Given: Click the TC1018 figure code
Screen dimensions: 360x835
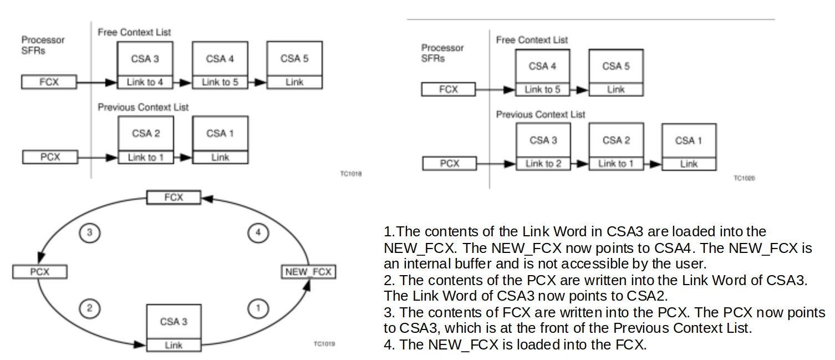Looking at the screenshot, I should pos(351,174).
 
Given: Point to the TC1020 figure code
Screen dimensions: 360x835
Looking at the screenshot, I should pos(744,178).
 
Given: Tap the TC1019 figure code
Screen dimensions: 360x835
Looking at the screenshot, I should pos(324,344).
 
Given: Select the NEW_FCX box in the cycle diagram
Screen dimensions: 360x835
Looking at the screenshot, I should pos(308,272).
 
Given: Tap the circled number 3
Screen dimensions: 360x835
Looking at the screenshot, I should pos(90,234).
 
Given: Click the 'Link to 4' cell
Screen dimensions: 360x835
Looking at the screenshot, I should pos(145,82).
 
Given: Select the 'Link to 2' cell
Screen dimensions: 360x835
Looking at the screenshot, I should pos(543,164).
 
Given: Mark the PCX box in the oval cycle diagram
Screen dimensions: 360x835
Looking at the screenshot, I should pos(39,272).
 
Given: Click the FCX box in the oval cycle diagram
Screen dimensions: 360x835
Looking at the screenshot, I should pos(174,197).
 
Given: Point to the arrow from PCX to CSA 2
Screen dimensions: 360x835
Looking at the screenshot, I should pos(98,158).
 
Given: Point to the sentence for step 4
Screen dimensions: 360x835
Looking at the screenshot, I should pos(516,344).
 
